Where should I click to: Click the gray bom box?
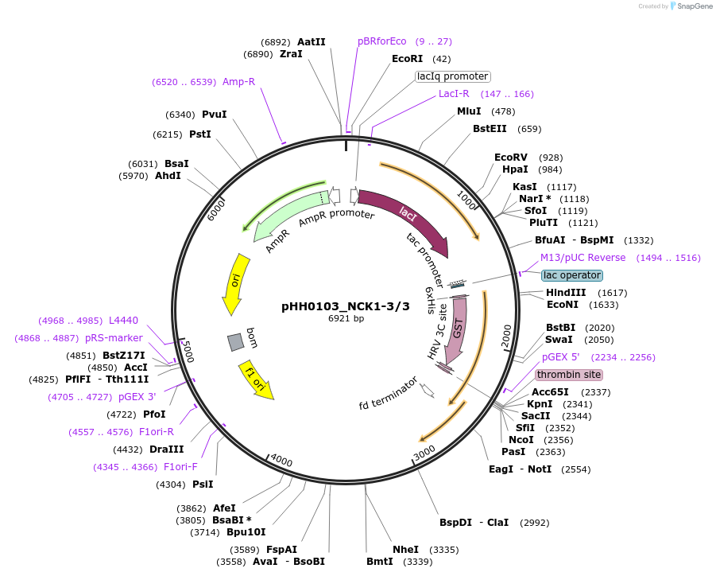[235, 342]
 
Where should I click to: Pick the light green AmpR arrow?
[286, 215]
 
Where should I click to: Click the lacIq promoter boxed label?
[453, 76]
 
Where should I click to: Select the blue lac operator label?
[572, 275]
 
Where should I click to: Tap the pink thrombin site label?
[569, 375]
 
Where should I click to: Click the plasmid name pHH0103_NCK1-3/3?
[346, 306]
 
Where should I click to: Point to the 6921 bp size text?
[346, 318]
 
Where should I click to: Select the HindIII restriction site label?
[564, 293]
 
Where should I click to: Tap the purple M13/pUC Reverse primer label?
[582, 258]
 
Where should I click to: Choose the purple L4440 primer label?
[123, 321]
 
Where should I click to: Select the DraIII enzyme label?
[166, 449]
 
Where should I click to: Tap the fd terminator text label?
[389, 394]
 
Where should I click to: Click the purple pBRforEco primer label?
[381, 41]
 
